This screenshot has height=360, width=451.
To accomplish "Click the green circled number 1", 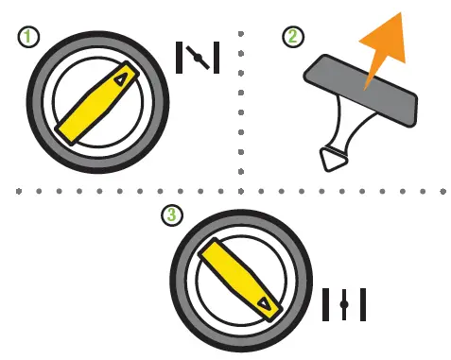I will (x=30, y=39).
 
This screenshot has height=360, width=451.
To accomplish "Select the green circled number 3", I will (x=171, y=215).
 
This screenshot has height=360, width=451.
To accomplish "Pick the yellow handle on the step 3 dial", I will (x=241, y=278).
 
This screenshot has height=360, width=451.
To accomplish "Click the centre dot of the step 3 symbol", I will (x=344, y=304).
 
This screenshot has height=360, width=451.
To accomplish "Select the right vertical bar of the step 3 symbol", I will (x=362, y=304).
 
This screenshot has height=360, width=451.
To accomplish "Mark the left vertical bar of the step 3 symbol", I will (x=326, y=304).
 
